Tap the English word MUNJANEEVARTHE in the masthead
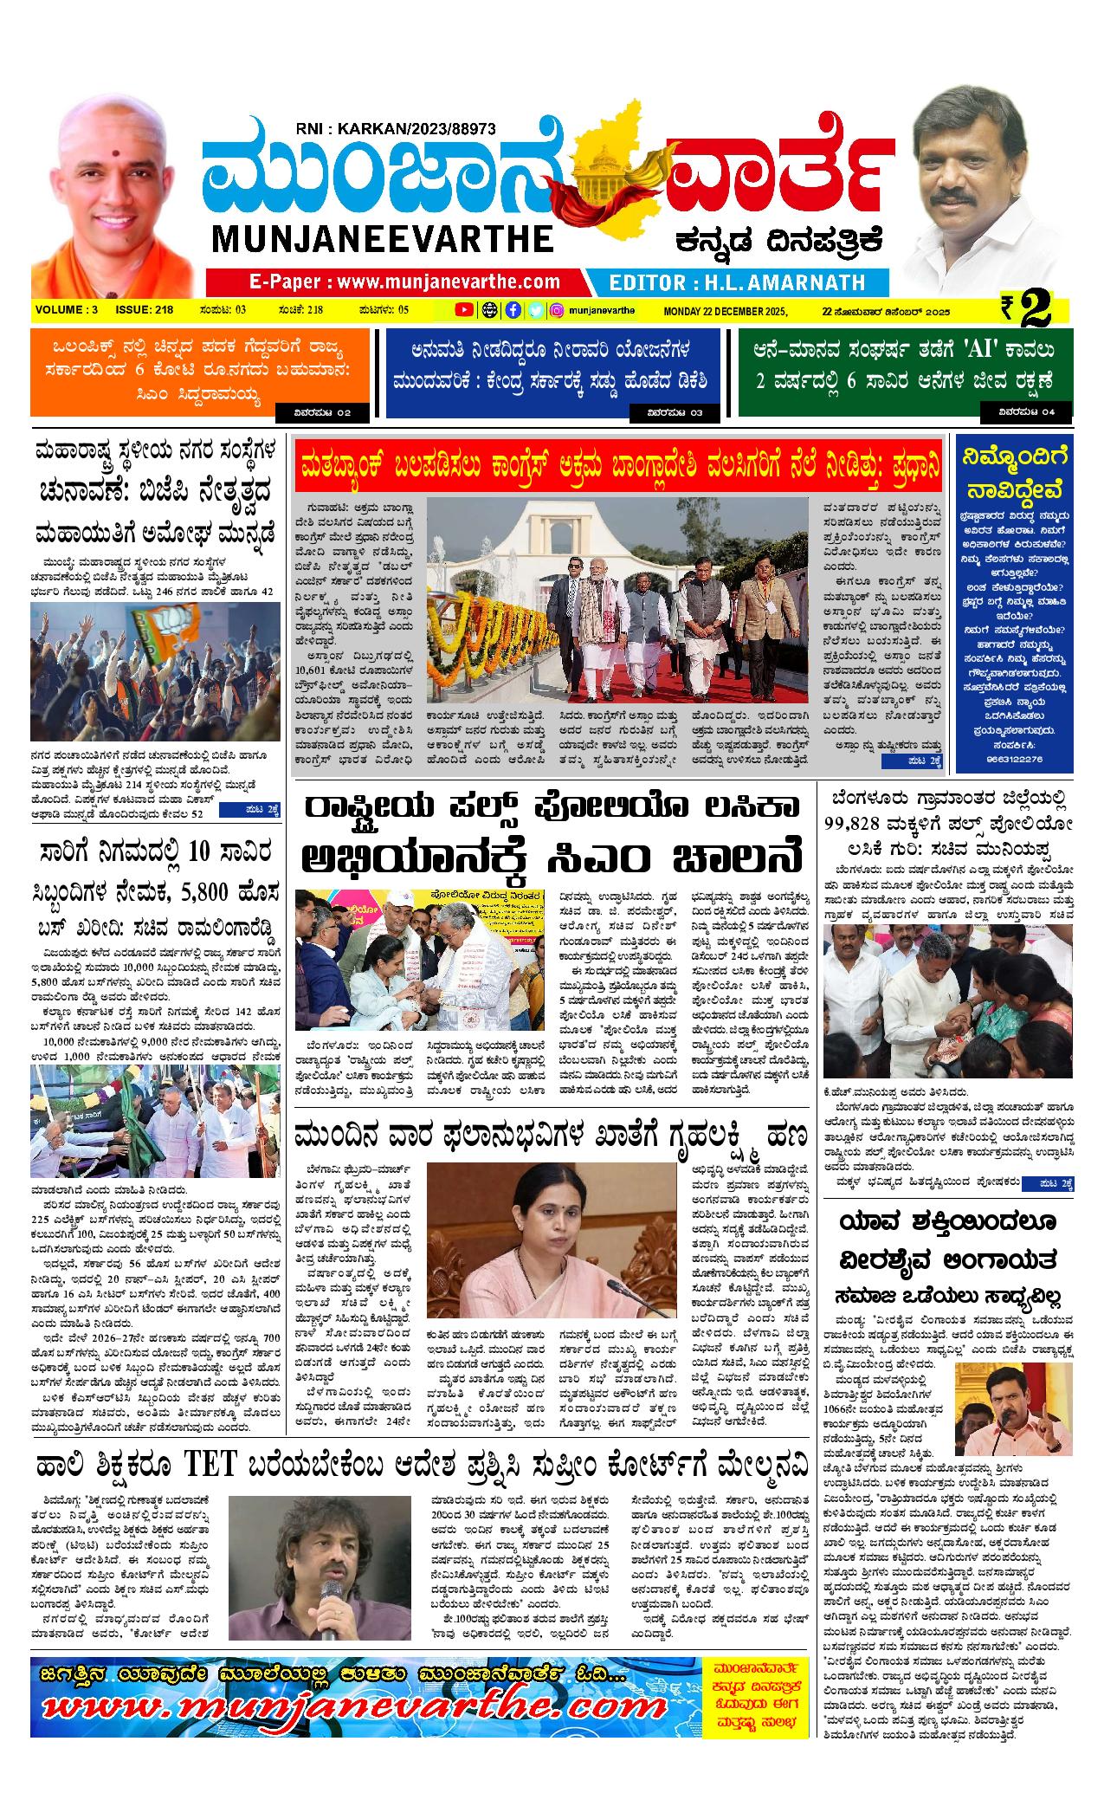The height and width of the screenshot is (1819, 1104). click(383, 240)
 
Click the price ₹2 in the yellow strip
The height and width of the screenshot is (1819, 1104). click(1025, 310)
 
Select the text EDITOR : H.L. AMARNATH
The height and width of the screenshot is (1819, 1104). click(737, 282)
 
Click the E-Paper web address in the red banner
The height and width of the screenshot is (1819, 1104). click(404, 282)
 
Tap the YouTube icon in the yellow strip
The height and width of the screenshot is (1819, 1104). click(464, 310)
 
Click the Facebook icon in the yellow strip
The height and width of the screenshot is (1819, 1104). click(513, 310)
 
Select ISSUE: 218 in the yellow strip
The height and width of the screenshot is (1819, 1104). click(145, 310)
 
